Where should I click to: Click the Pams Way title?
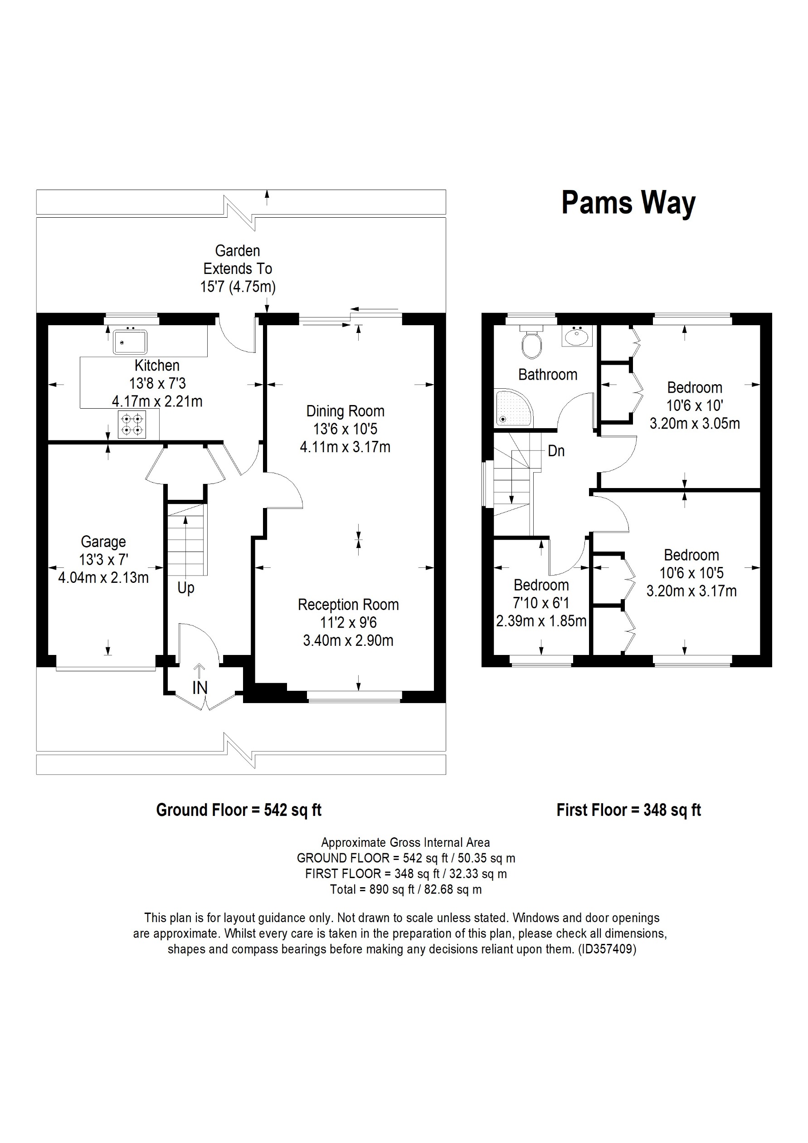[628, 203]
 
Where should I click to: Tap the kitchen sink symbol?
[130, 342]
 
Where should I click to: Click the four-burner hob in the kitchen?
[132, 425]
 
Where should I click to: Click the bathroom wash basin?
[577, 336]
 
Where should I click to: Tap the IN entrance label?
[200, 688]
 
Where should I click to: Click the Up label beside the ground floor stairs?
[185, 588]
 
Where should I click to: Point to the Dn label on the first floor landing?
[556, 451]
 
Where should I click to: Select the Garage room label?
[103, 542]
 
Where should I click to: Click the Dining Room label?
[346, 411]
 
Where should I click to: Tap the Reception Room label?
[348, 605]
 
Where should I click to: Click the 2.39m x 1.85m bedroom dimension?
[541, 621]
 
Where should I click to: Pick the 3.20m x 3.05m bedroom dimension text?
[695, 424]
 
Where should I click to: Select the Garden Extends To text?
[238, 260]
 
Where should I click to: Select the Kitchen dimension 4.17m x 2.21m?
[157, 401]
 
